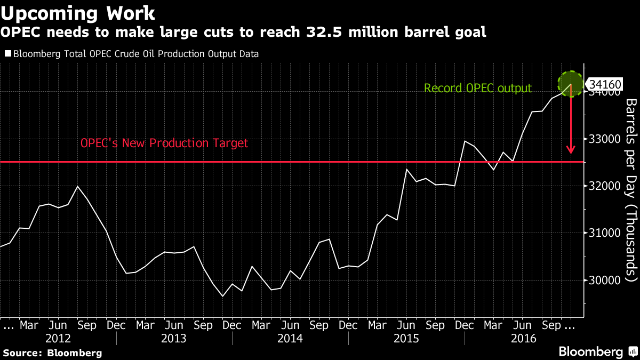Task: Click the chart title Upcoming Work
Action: (x=79, y=12)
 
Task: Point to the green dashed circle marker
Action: (x=572, y=84)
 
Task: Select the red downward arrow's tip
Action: (x=571, y=153)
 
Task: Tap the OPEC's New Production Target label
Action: (x=164, y=143)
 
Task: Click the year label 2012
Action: (x=58, y=338)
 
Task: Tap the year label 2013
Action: (x=174, y=338)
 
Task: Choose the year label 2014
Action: (x=290, y=338)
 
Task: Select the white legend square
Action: (x=7, y=54)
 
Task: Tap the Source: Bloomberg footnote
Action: (x=52, y=353)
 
